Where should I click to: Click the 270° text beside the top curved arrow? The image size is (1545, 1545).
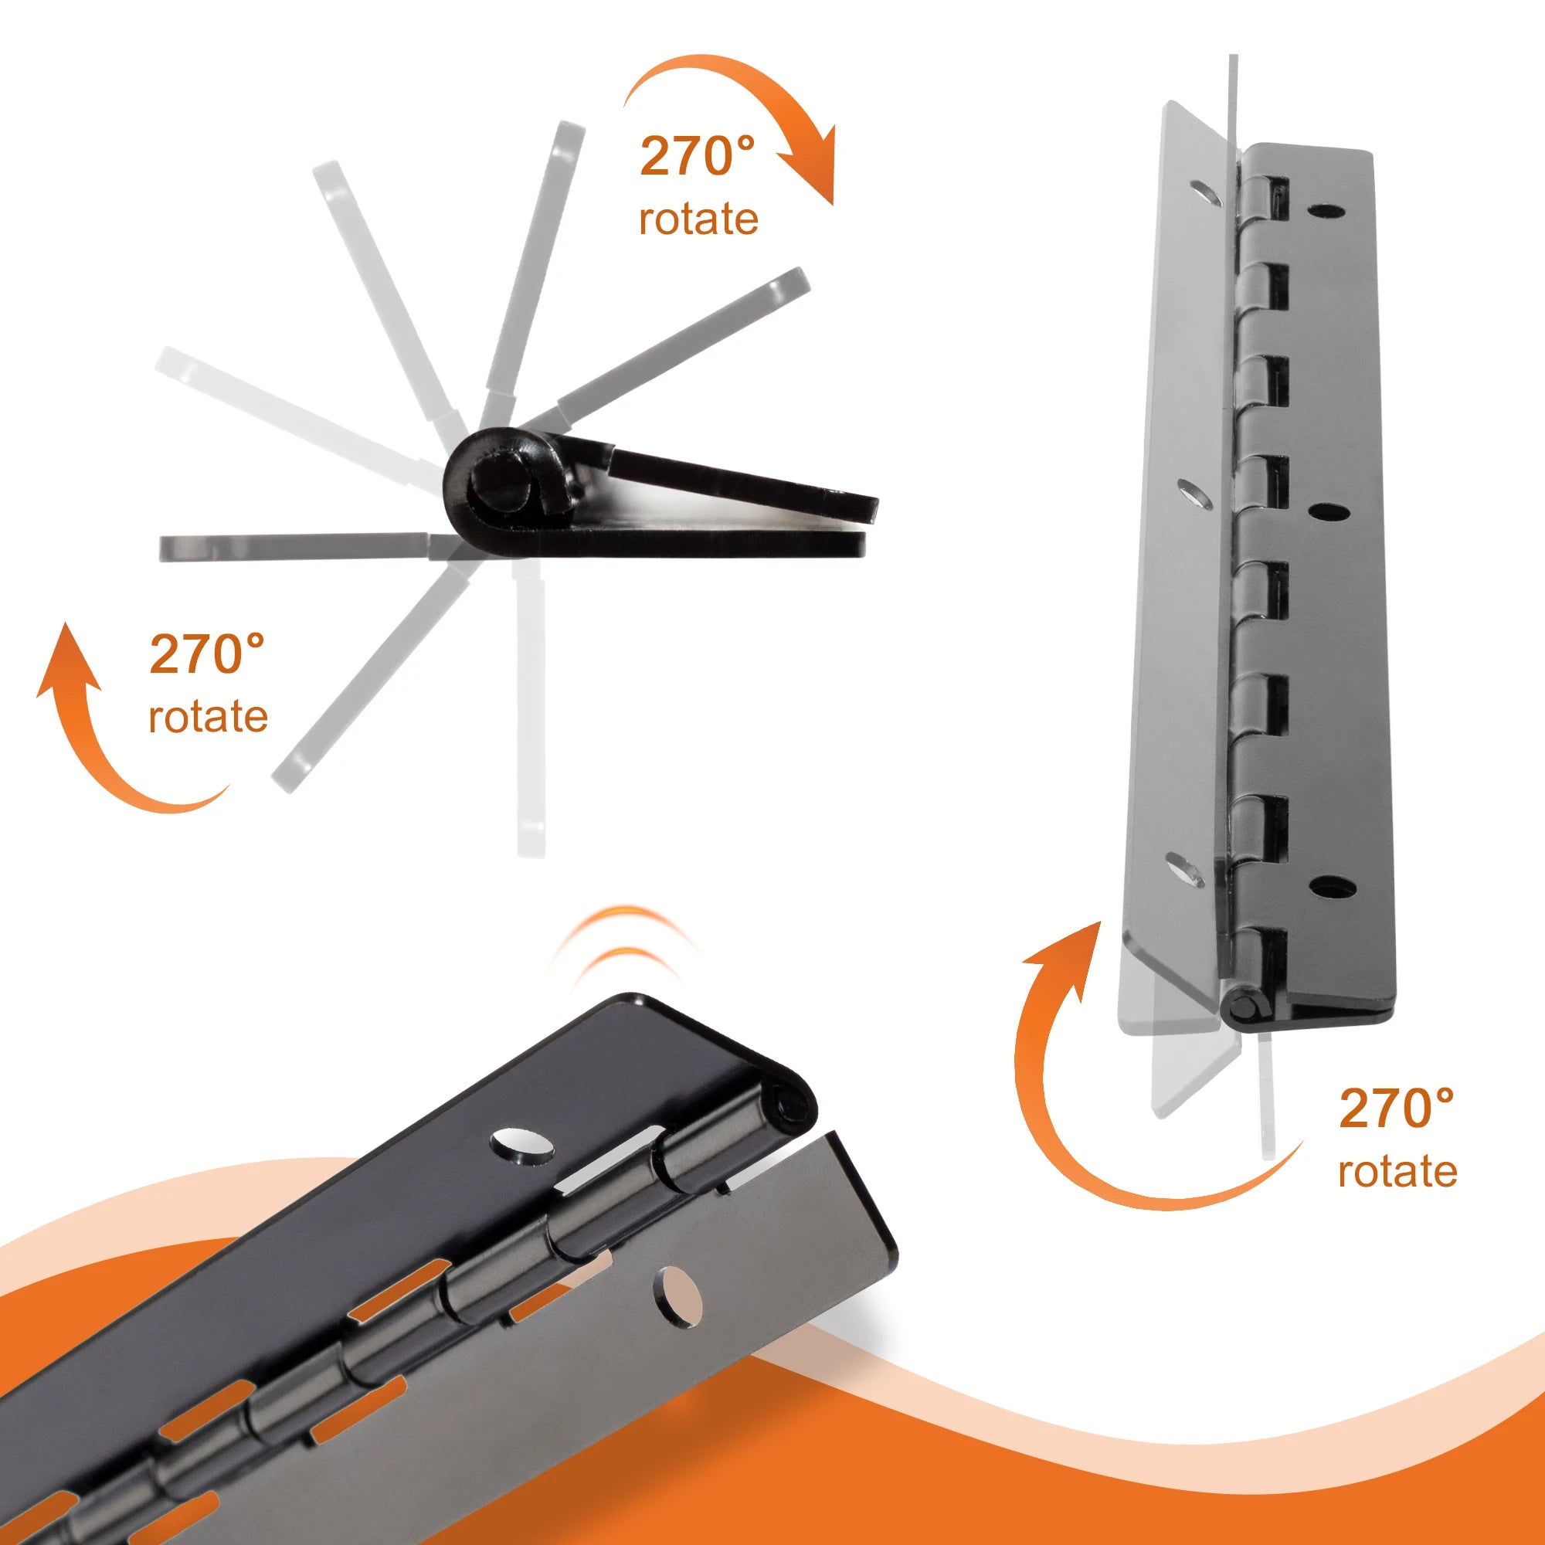pos(697,157)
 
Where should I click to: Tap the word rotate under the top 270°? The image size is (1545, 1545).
pos(698,219)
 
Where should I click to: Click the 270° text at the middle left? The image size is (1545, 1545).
pos(207,654)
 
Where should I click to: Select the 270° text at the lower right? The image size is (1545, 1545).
pos(1397,1109)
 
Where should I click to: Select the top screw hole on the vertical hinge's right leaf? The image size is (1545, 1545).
pos(1324,210)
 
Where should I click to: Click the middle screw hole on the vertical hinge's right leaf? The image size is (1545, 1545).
pos(1328,510)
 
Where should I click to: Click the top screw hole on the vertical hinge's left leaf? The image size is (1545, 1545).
pos(1204,191)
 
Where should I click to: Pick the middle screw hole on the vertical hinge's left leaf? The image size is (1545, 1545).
pos(1191,494)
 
